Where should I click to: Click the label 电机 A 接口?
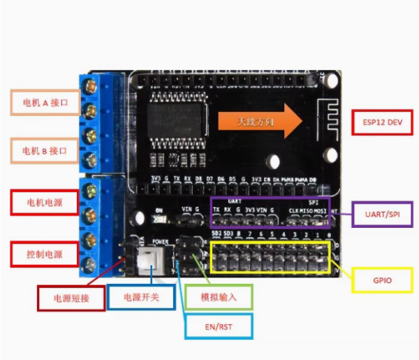pyautogui.click(x=45, y=102)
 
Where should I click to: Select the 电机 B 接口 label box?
pyautogui.click(x=45, y=150)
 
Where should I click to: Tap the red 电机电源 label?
pyautogui.click(x=43, y=202)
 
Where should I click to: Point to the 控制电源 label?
pyautogui.click(x=43, y=254)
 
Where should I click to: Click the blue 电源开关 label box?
pyautogui.click(x=141, y=297)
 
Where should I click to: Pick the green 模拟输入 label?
pyautogui.click(x=219, y=297)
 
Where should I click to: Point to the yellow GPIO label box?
pyautogui.click(x=382, y=280)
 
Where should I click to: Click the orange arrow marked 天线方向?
pyautogui.click(x=258, y=122)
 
